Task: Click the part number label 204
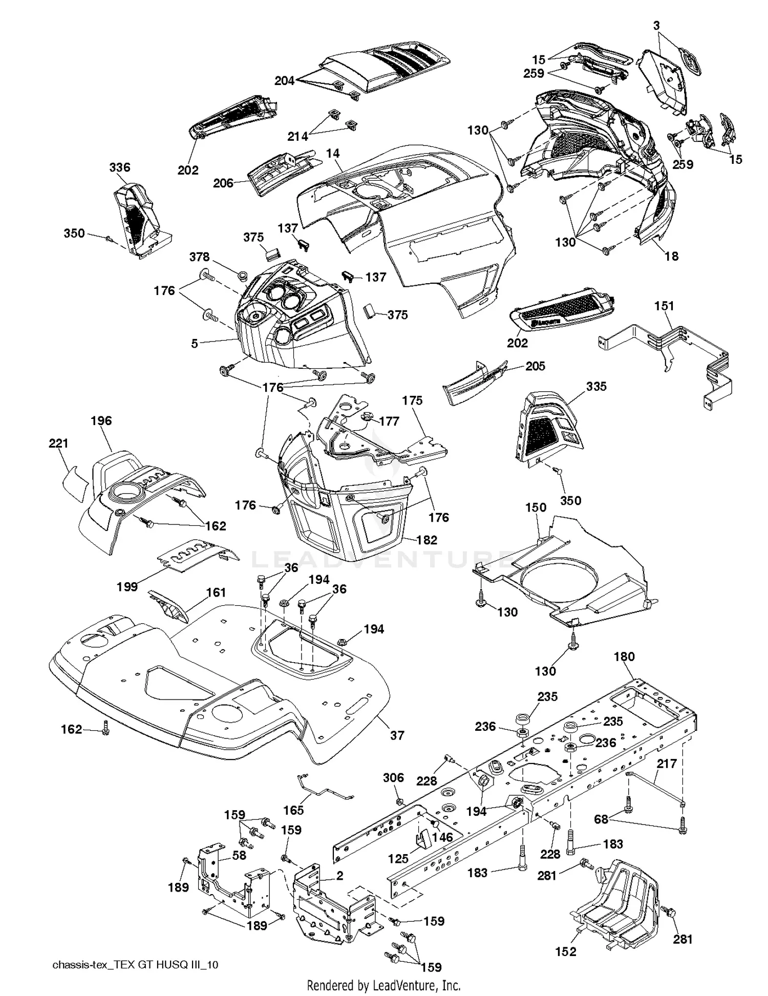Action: coord(284,81)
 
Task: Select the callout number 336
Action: coord(119,167)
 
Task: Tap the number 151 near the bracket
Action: coord(664,306)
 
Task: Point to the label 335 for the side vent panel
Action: coord(596,386)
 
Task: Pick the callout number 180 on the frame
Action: coord(624,656)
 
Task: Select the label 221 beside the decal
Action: coord(58,443)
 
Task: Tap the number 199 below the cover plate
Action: coord(126,586)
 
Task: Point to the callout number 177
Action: coord(389,421)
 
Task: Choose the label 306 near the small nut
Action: coord(393,778)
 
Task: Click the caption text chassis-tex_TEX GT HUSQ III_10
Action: coord(136,965)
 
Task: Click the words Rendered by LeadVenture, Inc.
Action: coord(383,985)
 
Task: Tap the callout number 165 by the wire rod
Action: coord(293,810)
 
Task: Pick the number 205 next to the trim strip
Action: coord(535,366)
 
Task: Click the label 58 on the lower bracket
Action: coord(239,856)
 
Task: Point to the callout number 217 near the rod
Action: coord(667,764)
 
